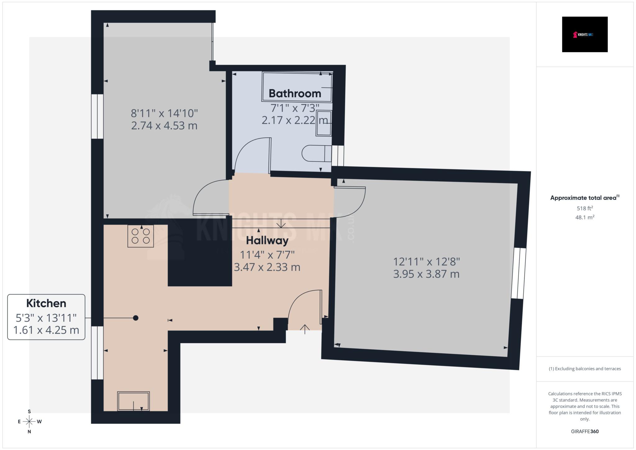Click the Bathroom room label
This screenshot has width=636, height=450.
[x=295, y=93]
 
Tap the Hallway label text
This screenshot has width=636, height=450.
[x=267, y=240]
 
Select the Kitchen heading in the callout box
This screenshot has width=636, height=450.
[x=46, y=303]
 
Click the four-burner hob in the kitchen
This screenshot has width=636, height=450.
[x=141, y=236]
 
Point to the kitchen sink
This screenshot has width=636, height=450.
[x=133, y=401]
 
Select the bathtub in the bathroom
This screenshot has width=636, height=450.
[x=297, y=87]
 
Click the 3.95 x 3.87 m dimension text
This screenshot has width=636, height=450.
[x=426, y=274]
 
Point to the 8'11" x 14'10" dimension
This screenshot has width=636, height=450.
[x=164, y=113]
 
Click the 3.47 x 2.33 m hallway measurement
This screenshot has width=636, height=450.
[x=267, y=267]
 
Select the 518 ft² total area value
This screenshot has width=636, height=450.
[x=584, y=208]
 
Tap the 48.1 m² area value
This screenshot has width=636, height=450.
[x=584, y=217]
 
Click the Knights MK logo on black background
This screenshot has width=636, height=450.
[x=584, y=34]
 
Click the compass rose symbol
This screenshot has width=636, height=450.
[x=30, y=421]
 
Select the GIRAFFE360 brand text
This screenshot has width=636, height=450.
[x=584, y=431]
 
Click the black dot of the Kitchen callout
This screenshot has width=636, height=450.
[x=136, y=318]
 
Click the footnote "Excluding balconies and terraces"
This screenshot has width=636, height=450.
[x=584, y=369]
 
